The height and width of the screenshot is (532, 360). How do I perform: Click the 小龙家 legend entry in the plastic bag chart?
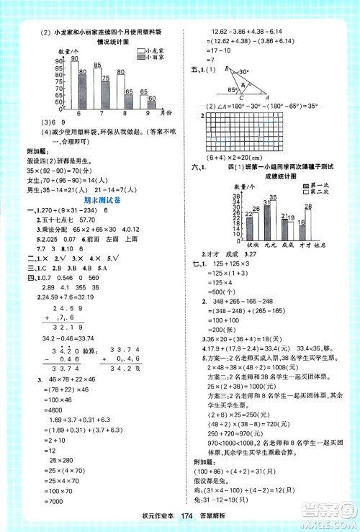[154, 51]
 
